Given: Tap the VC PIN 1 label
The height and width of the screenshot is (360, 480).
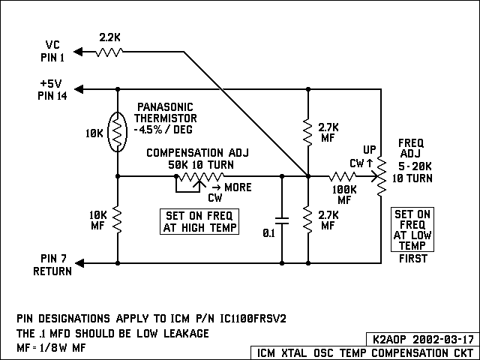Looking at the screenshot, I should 53,50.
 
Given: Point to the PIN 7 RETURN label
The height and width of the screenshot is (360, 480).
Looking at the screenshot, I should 52,264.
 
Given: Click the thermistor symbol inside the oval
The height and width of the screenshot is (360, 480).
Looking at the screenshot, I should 118,133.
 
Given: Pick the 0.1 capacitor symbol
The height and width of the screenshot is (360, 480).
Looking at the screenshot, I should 282,221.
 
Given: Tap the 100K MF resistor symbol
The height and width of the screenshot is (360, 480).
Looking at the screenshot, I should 343,177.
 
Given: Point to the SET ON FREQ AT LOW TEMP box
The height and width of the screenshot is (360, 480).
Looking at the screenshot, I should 413,229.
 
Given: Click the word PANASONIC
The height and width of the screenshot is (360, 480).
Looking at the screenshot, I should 165,106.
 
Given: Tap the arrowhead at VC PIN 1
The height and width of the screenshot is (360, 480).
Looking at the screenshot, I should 80,51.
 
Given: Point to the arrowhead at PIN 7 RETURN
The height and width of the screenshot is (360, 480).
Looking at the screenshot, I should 80,263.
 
